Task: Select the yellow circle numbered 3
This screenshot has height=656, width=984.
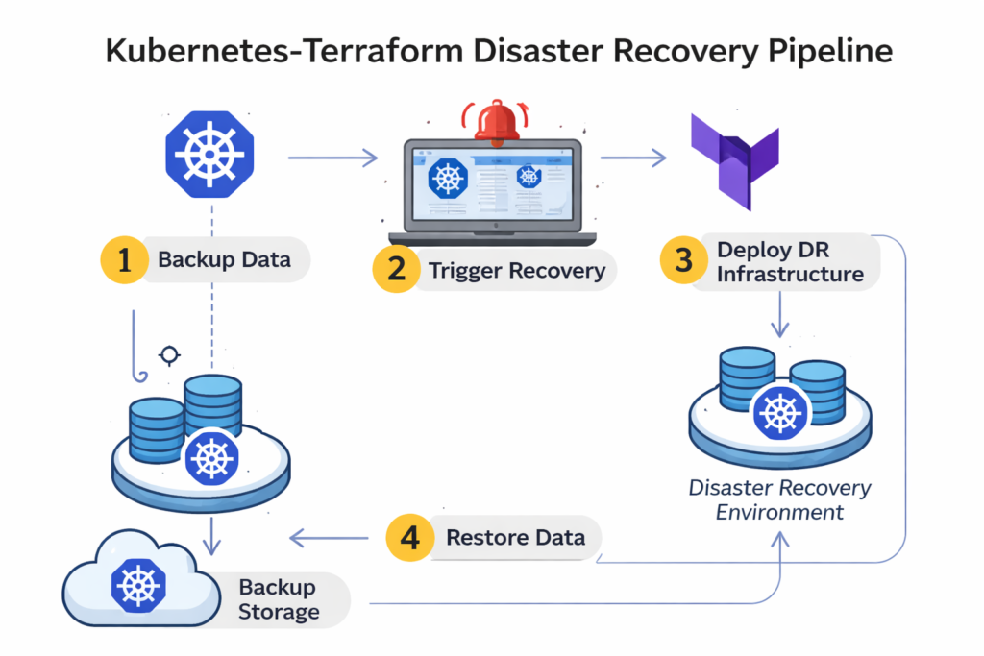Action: pos(683,261)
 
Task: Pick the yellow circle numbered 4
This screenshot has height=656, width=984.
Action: pos(410,538)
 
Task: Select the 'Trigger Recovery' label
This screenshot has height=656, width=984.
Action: pos(517,270)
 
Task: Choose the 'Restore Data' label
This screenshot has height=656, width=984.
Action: pos(515,538)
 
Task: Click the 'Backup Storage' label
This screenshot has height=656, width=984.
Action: pos(279,599)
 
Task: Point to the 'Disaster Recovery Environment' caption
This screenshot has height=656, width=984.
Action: pos(779,499)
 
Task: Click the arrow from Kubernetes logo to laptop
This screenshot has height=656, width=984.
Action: pos(332,157)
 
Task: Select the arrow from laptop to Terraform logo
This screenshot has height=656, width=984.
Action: pos(633,157)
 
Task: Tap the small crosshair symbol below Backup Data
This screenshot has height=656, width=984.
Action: pos(170,356)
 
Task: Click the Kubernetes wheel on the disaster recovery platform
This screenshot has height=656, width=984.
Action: pos(779,412)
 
